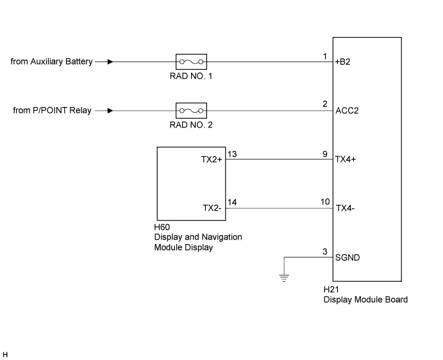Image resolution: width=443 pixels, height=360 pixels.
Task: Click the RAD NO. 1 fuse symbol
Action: pos(191,62)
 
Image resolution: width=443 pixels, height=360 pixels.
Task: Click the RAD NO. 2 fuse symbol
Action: pos(191,111)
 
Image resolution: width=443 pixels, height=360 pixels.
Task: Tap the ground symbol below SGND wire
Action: pos(284,278)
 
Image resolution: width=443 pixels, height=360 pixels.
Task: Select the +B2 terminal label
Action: pos(342,62)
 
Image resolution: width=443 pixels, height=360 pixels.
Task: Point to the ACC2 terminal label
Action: pos(347,111)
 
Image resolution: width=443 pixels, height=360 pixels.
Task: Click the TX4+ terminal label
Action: pos(346,160)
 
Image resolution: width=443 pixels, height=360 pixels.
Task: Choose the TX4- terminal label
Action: pos(346,208)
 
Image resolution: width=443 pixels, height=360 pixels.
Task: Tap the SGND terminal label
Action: pos(347,258)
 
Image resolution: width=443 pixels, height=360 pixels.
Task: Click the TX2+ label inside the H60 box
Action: pos(212,160)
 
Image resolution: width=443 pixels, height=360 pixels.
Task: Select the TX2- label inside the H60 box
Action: pos(212,208)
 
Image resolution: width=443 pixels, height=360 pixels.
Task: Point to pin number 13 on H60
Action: pos(232,154)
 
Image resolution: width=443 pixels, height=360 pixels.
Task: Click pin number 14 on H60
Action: pos(232,202)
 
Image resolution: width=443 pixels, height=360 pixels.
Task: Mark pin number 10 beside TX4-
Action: pos(325,202)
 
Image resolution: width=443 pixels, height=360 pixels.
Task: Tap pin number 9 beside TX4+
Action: pos(325,154)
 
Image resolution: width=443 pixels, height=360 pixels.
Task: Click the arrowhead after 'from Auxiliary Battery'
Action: pos(110,62)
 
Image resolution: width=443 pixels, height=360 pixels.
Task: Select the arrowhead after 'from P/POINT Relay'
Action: pos(110,111)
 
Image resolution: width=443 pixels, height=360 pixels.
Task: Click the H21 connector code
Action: pos(331,290)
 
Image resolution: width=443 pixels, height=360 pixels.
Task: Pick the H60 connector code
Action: pos(162,227)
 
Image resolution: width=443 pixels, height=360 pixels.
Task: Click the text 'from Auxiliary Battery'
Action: pos(52,61)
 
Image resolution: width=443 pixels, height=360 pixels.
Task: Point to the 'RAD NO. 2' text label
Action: pos(191,125)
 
